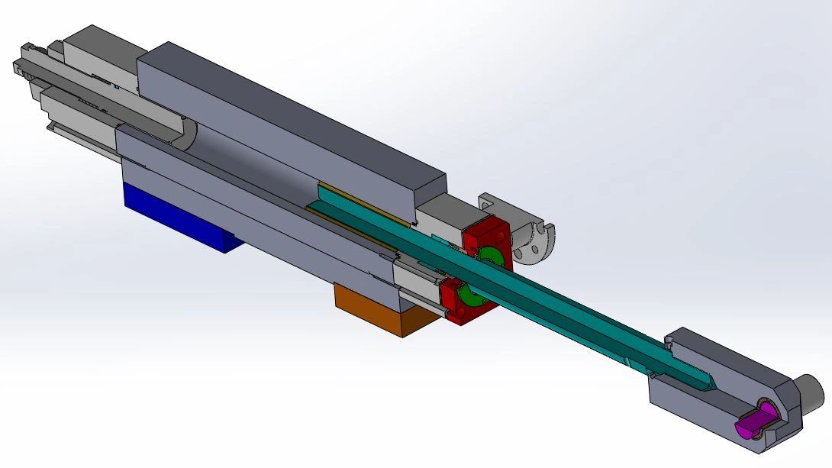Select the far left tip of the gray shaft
tap(15, 68)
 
